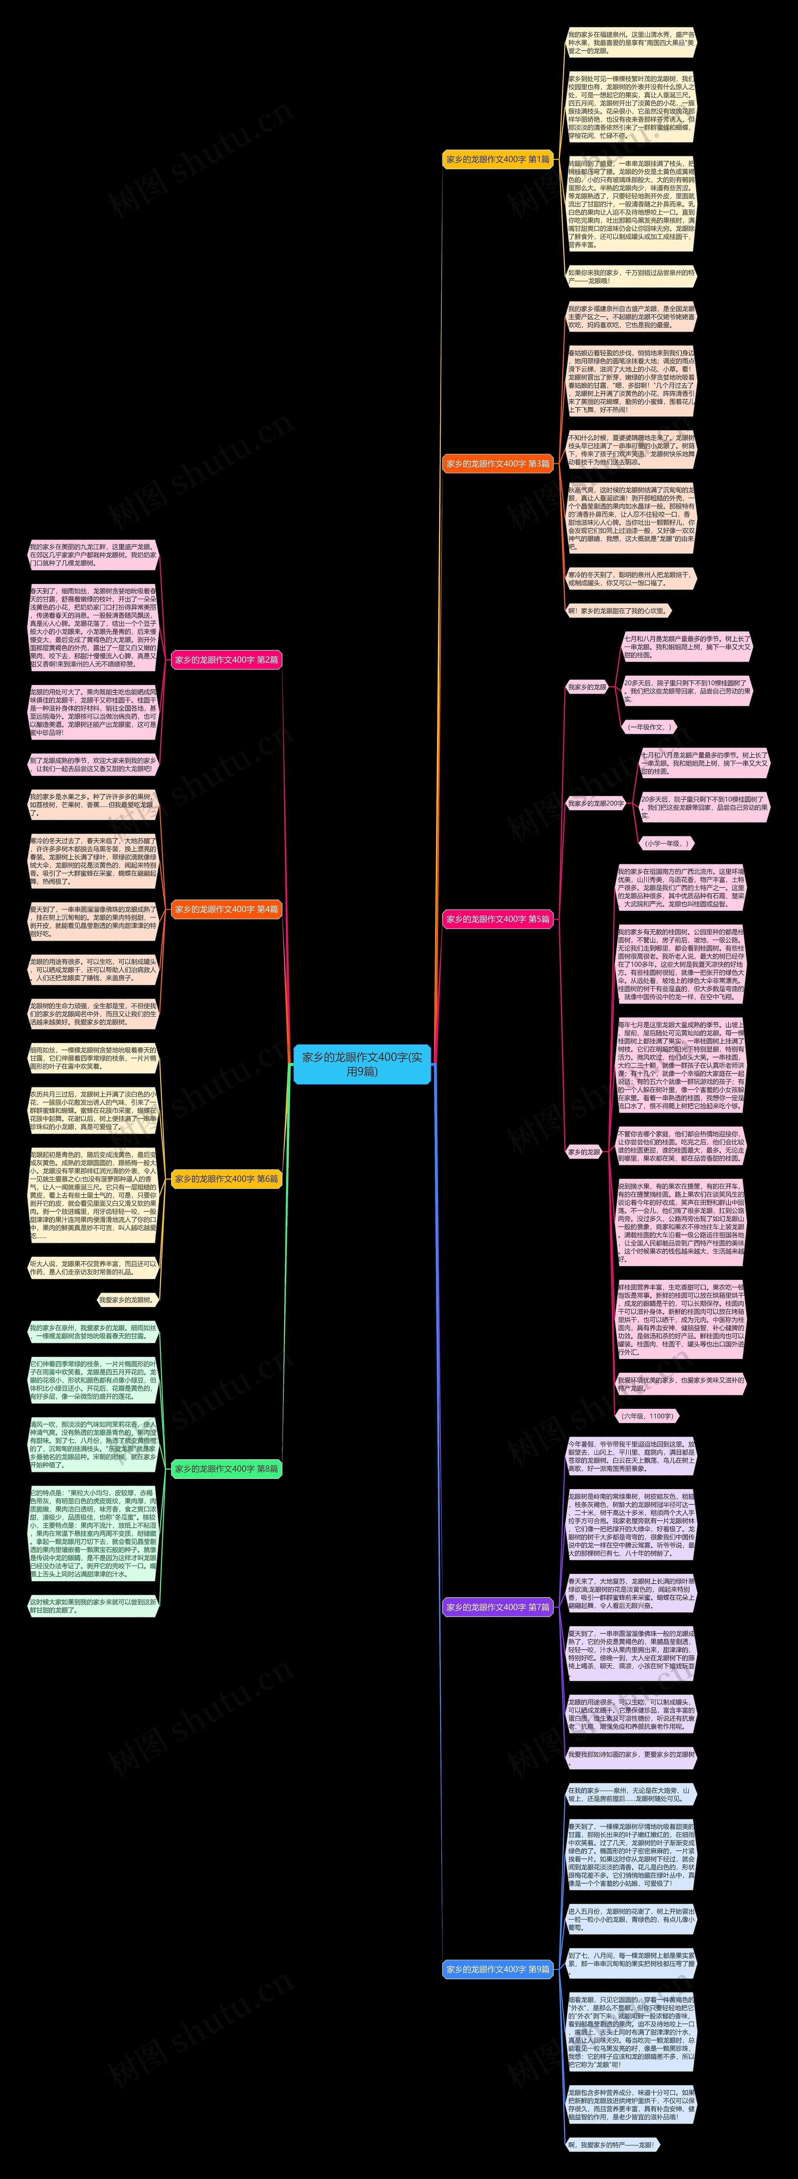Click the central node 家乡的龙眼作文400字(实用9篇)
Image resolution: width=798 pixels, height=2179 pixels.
pos(362,1064)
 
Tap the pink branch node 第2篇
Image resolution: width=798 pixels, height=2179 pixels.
pos(226,660)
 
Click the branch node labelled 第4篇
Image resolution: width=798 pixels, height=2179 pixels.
pos(226,909)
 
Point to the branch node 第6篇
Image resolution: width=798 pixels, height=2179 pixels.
pos(226,1178)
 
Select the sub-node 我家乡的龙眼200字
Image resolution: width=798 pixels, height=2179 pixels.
pos(596,804)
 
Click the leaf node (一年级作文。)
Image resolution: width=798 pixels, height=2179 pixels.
pos(648,727)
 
